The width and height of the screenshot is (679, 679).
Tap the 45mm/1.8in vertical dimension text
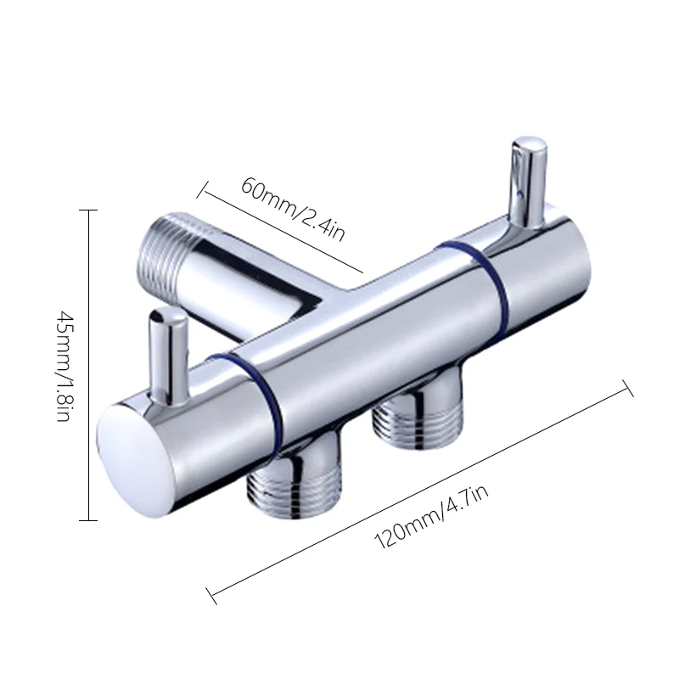65,366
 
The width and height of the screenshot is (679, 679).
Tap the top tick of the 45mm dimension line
88,210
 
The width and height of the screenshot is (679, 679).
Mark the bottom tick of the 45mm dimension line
88,519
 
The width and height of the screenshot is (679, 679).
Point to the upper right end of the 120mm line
627,388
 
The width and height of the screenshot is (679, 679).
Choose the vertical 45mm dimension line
88,365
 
